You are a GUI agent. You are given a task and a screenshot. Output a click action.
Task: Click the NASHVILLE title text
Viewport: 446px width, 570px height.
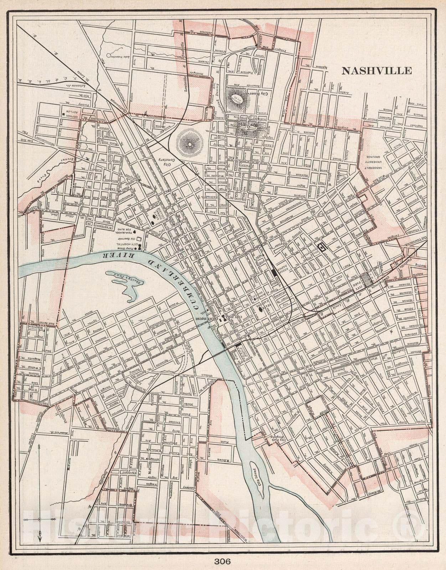[x=377, y=71]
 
